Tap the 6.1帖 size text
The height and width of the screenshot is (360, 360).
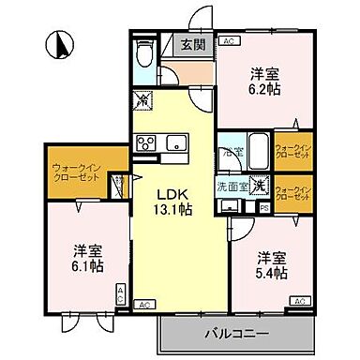coord(86,265)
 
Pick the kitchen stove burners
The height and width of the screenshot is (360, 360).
coord(147,142)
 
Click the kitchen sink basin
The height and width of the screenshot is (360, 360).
coord(175,142)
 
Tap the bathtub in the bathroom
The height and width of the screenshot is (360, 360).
coord(232,153)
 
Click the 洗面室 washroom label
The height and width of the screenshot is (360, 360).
coord(232,186)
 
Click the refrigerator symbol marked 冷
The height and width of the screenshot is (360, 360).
coord(142,97)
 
